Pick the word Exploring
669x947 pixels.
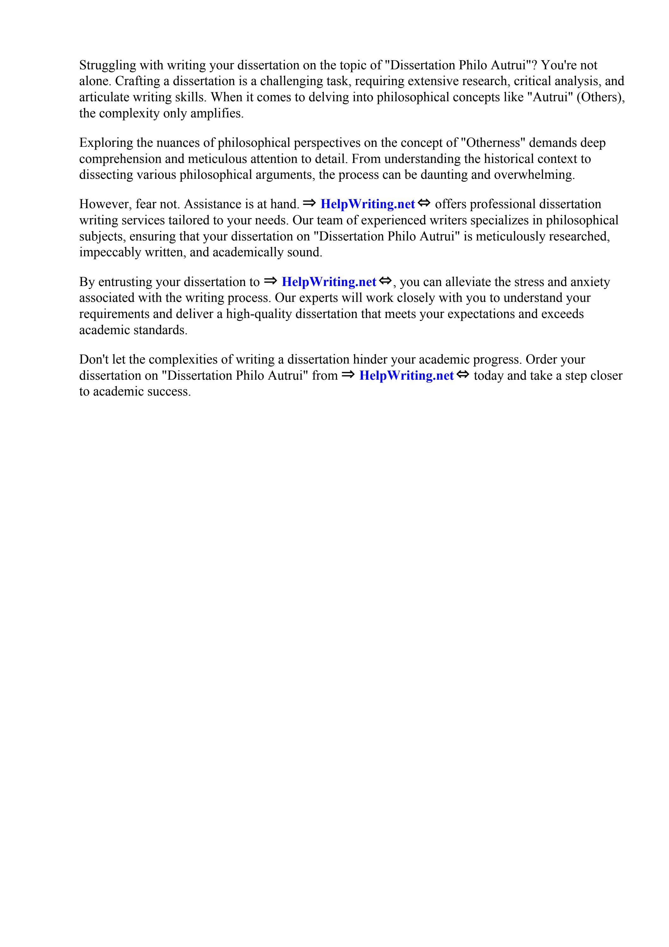tap(106, 143)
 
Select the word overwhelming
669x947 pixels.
tap(534, 175)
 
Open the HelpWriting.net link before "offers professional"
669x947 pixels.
tap(368, 204)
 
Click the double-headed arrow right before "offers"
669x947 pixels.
tap(424, 203)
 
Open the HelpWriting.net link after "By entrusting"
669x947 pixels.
tap(329, 282)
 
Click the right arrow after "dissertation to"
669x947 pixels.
tap(270, 281)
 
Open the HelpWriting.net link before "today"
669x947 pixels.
tap(406, 376)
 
